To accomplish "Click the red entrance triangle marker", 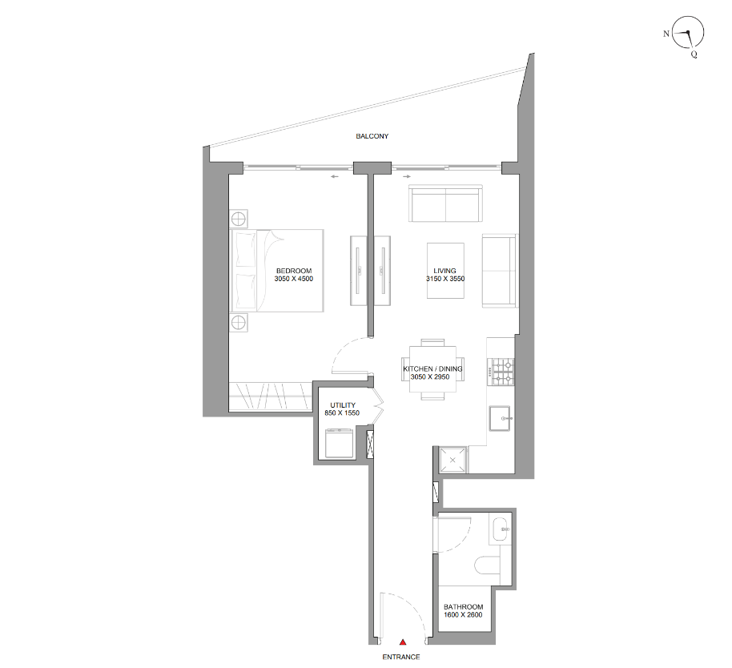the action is pyautogui.click(x=402, y=642).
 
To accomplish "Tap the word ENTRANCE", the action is pyautogui.click(x=401, y=657).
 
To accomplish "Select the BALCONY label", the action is pyautogui.click(x=372, y=136).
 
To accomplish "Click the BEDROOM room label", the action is pyautogui.click(x=294, y=271).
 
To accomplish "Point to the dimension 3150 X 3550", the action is pyautogui.click(x=445, y=279).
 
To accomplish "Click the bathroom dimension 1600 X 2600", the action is pyautogui.click(x=463, y=615).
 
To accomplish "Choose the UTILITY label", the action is pyautogui.click(x=343, y=405).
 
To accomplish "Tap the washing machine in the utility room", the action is pyautogui.click(x=339, y=443).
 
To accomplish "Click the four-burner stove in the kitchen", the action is pyautogui.click(x=501, y=372).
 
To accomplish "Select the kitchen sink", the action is pyautogui.click(x=501, y=418).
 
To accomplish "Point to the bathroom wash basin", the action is pyautogui.click(x=501, y=529).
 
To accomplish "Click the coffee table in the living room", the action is pyautogui.click(x=445, y=270).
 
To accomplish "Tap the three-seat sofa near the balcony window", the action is pyautogui.click(x=445, y=203).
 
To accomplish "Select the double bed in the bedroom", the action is pyautogui.click(x=277, y=271).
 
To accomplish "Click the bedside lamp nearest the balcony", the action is pyautogui.click(x=239, y=219).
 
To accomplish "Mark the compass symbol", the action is pyautogui.click(x=687, y=33).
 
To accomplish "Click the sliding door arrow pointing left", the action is pyautogui.click(x=334, y=177).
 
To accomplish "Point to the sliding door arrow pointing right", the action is pyautogui.click(x=407, y=177).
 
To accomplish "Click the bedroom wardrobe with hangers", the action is pyautogui.click(x=271, y=396).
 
